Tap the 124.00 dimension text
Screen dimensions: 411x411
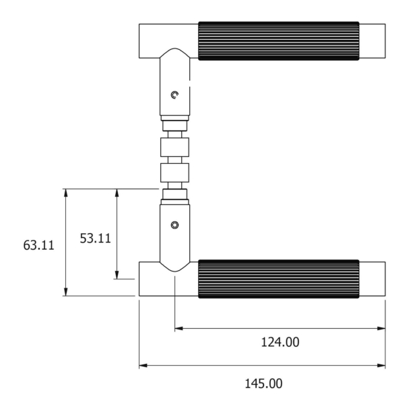click(x=280, y=342)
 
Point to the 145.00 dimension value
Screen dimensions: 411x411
click(x=263, y=383)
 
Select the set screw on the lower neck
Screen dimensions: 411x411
click(x=175, y=224)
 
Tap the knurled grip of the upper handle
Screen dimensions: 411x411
click(x=278, y=41)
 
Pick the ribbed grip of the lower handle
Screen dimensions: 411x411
click(x=278, y=278)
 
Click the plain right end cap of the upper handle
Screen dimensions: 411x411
click(x=372, y=41)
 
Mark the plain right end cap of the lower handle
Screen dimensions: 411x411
click(x=372, y=278)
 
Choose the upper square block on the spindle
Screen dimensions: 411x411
click(x=175, y=146)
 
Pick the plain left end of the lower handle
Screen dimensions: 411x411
click(x=150, y=280)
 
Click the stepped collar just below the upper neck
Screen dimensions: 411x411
click(x=175, y=123)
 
